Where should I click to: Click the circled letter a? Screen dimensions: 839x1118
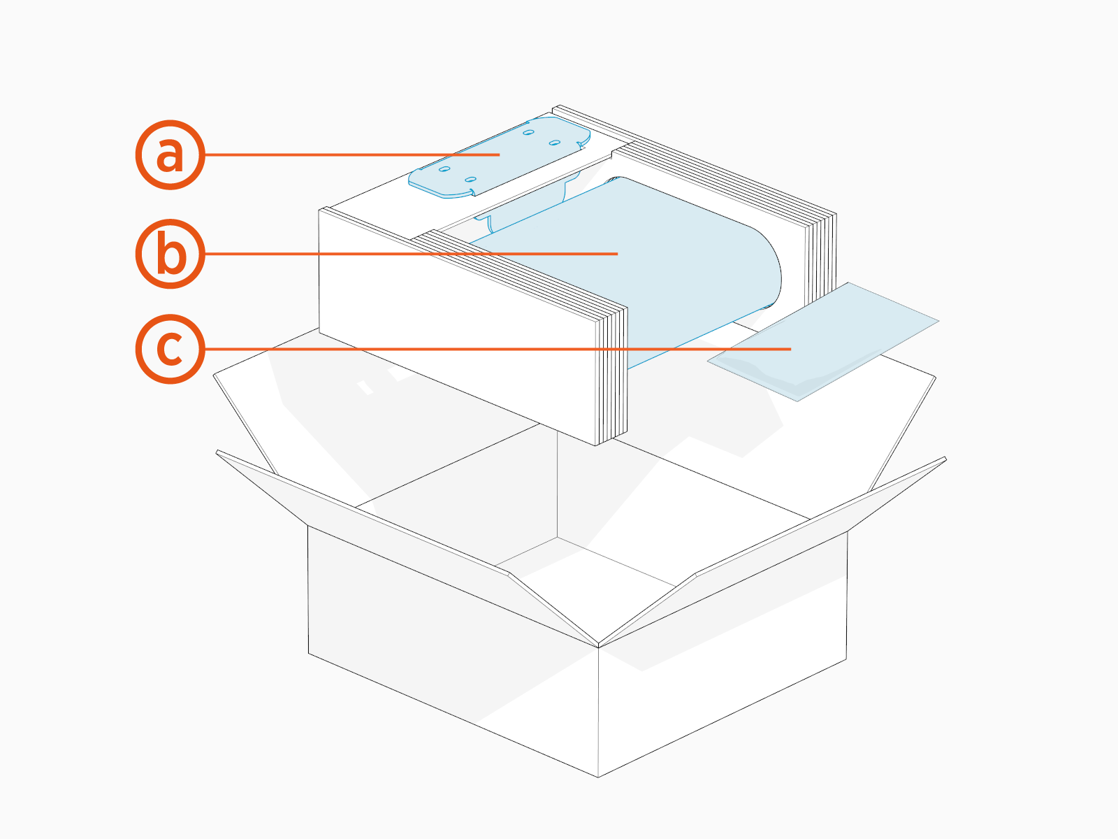(x=170, y=155)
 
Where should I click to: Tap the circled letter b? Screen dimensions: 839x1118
(x=170, y=253)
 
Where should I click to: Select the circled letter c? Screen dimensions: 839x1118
(x=170, y=348)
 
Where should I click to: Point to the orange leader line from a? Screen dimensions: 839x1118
(x=349, y=155)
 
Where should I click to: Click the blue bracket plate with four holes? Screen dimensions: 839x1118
(x=500, y=157)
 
